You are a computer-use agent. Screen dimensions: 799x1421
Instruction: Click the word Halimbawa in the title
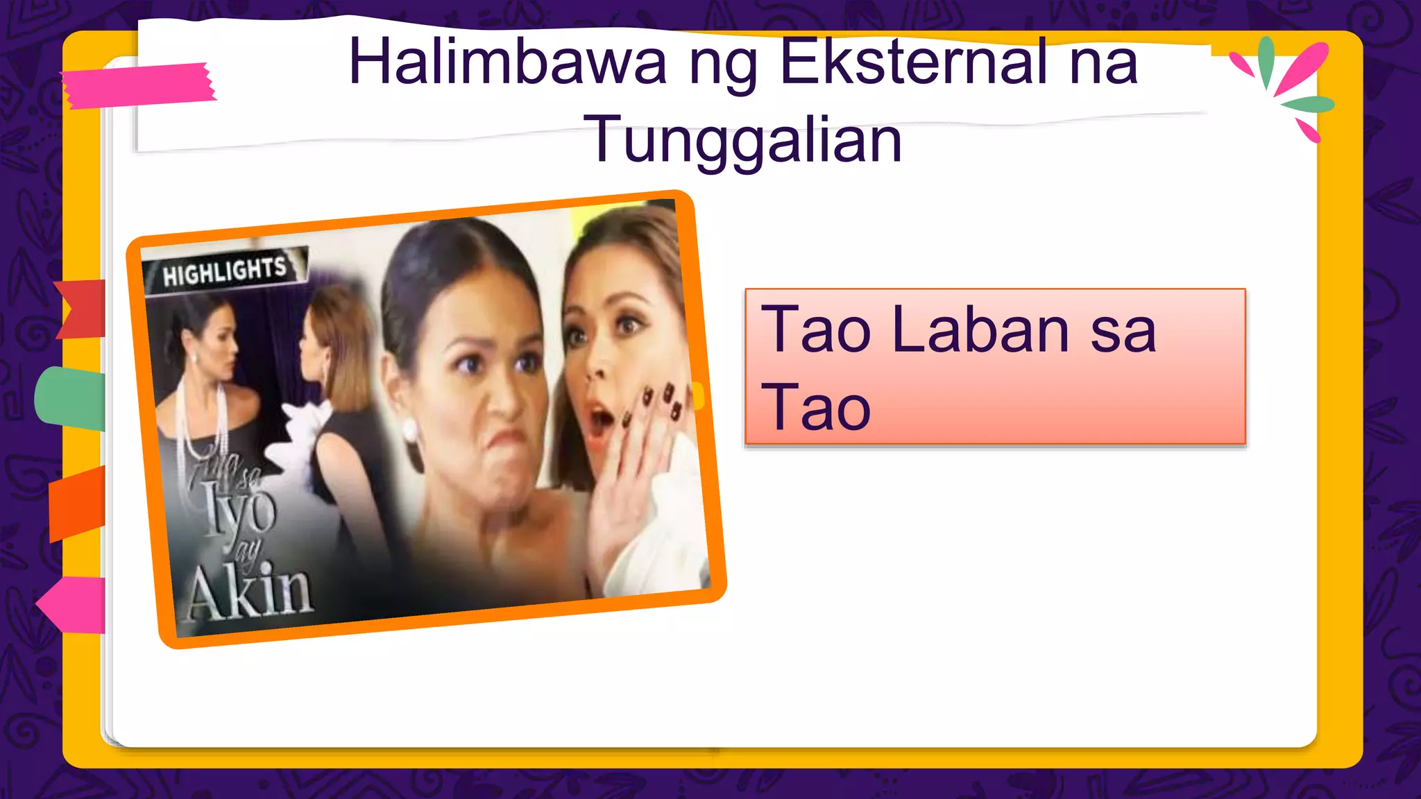point(507,62)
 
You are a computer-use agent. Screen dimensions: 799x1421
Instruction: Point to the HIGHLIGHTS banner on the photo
point(225,270)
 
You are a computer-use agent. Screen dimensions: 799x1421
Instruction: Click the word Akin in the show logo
point(250,593)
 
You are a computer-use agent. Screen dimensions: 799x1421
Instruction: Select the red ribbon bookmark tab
point(82,309)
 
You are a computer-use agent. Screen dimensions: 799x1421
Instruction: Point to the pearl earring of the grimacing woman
point(409,431)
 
